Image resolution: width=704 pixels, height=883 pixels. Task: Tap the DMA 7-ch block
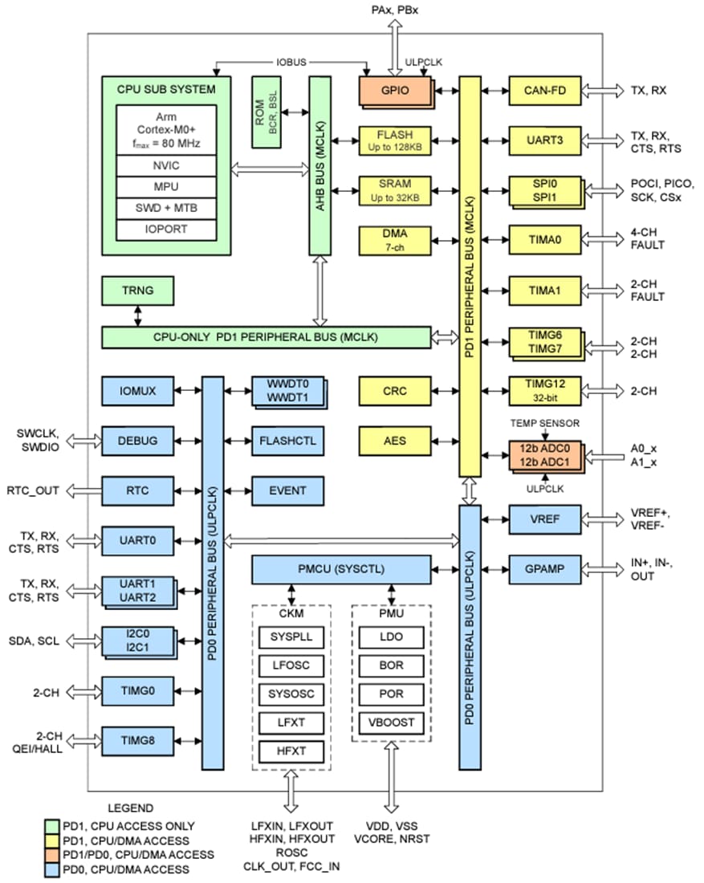coord(394,239)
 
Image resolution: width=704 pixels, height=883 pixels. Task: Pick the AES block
coord(394,440)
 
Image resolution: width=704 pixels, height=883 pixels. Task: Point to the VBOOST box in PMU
coord(391,722)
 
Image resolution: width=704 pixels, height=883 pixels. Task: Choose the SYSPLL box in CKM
coord(291,637)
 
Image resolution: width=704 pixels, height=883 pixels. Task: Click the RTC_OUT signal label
coord(33,490)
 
